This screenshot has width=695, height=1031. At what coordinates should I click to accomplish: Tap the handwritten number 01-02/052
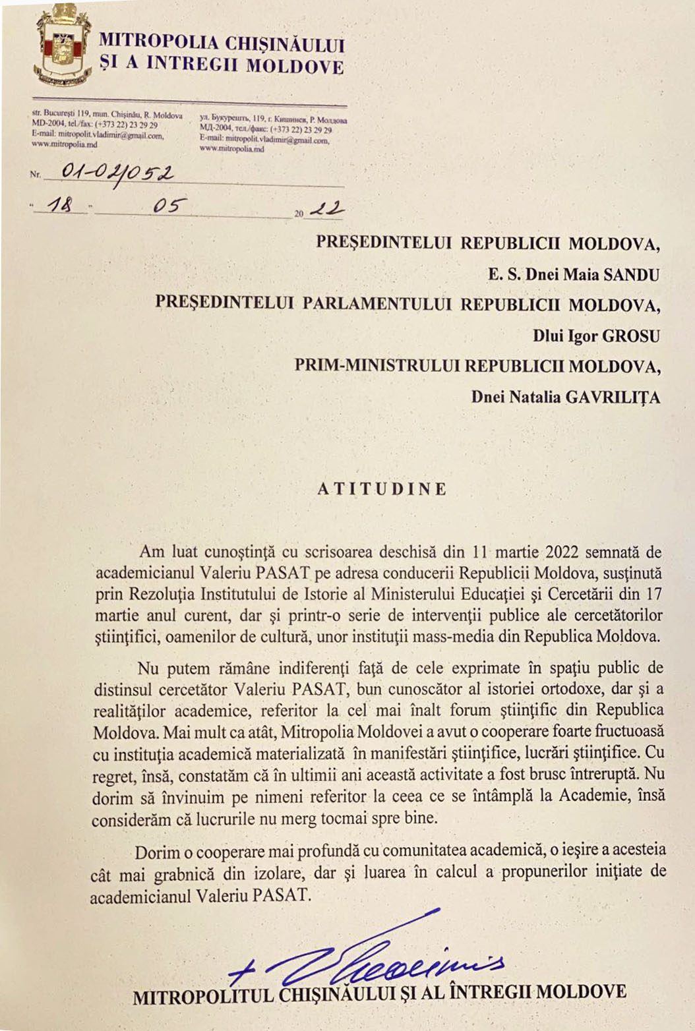click(117, 173)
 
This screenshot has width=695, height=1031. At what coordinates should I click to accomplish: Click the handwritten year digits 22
click(327, 209)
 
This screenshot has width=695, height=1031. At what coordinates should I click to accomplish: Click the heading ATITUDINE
click(382, 489)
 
